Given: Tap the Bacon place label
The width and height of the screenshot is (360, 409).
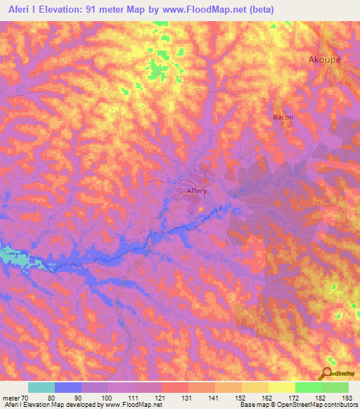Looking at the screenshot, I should [x=283, y=117].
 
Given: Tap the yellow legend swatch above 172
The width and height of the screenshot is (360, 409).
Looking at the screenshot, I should [x=282, y=387].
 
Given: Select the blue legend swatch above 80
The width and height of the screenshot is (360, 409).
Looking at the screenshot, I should [x=68, y=387].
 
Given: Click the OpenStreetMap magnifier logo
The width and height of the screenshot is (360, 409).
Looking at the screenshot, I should [x=328, y=374].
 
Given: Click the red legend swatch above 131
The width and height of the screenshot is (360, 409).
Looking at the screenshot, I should [x=175, y=387].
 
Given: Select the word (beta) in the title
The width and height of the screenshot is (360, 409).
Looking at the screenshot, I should [x=259, y=10].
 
